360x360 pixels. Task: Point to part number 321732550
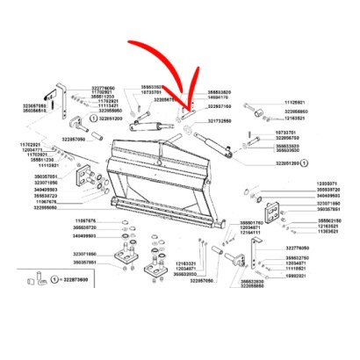[225, 120]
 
